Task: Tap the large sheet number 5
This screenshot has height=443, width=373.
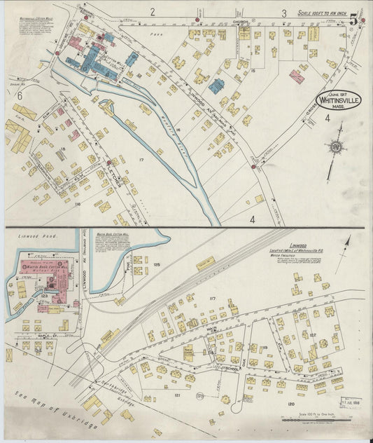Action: (x=355, y=19)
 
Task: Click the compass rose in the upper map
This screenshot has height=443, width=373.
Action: (x=337, y=147)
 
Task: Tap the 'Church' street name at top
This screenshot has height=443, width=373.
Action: (x=240, y=22)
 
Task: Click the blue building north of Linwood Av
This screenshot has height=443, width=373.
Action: (x=216, y=86)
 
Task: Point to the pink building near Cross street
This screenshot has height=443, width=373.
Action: (x=297, y=76)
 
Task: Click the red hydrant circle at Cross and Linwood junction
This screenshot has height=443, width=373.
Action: (x=253, y=167)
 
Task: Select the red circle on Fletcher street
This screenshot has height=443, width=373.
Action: (x=109, y=163)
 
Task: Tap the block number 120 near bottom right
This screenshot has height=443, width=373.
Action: (x=290, y=404)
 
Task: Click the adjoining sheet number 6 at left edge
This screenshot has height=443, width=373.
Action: (x=20, y=96)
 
